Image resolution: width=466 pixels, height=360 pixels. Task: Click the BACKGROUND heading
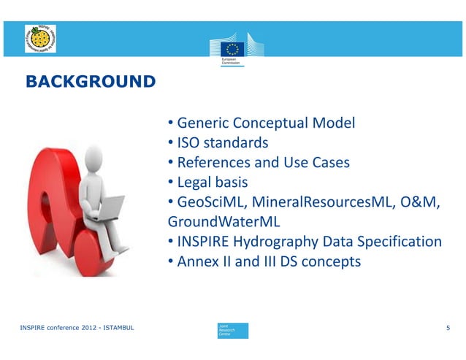pos(90,80)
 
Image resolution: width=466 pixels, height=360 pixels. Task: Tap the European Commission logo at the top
pos(233,50)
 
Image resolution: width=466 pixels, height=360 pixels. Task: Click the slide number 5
pos(448,330)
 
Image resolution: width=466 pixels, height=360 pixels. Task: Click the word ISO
pos(188,142)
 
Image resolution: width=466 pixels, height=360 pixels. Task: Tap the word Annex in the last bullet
pos(196,261)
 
